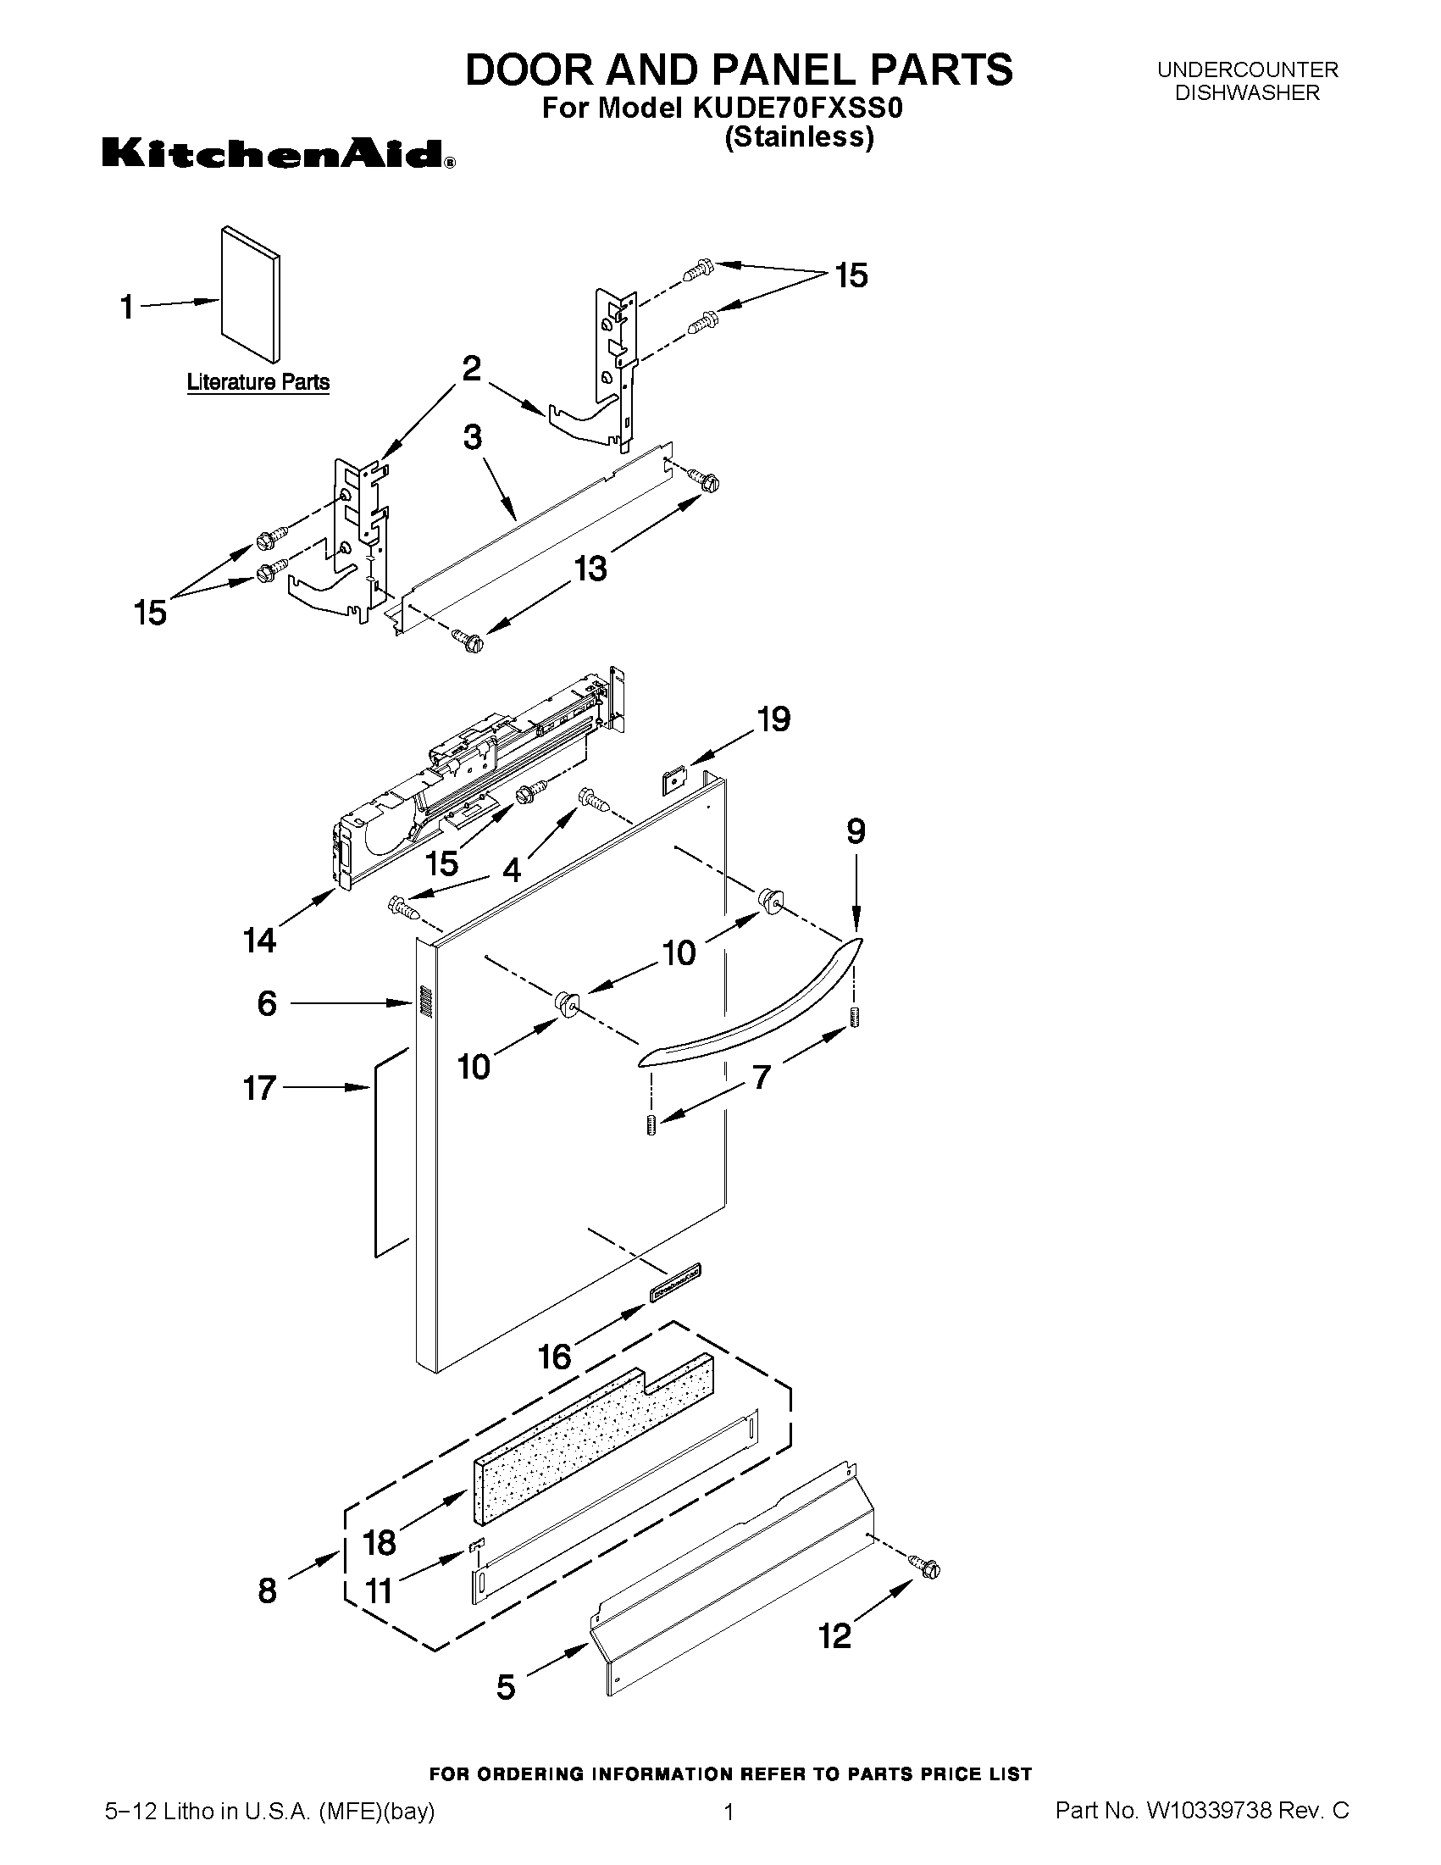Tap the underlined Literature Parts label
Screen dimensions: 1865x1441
point(258,381)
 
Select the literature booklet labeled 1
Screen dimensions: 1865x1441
point(249,295)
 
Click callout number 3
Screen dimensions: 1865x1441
point(472,438)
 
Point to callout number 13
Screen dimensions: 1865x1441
point(590,568)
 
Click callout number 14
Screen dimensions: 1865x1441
point(259,941)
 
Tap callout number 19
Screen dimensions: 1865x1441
point(773,720)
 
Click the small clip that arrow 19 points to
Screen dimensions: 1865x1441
point(674,779)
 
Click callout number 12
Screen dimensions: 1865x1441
point(835,1636)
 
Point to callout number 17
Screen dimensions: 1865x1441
point(259,1088)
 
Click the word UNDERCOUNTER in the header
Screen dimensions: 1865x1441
point(1247,70)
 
